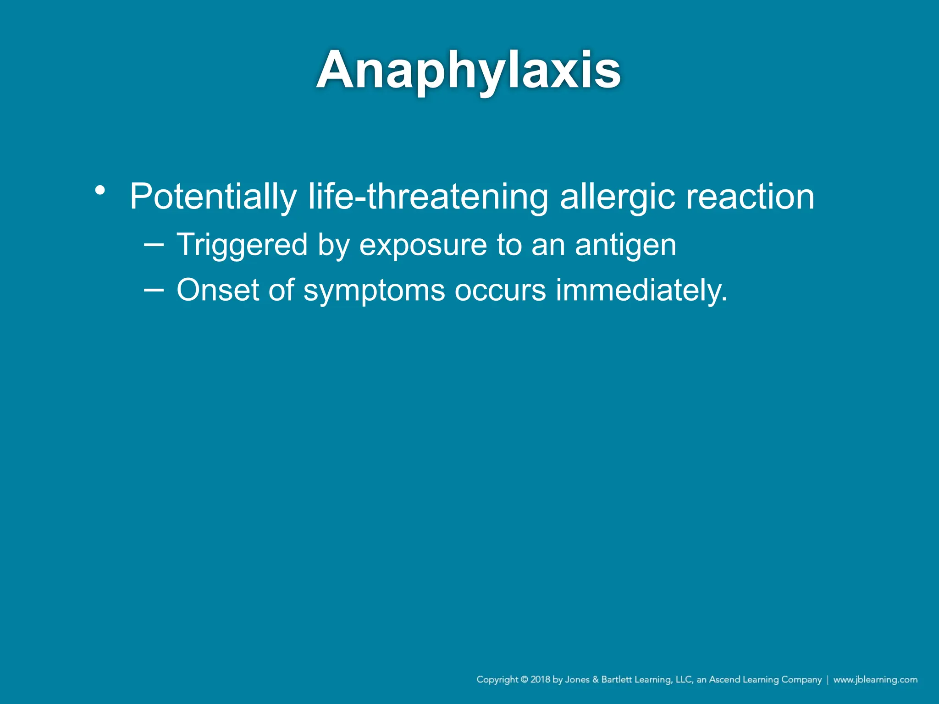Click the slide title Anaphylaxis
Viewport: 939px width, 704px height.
pos(469,71)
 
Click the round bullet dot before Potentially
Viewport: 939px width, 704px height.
pos(100,190)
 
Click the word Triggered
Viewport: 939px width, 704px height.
pos(242,245)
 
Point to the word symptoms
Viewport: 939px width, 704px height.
pos(374,291)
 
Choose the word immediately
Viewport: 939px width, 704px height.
pos(641,291)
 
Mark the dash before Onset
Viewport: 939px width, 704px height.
pos(154,290)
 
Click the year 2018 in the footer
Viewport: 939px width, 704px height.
pos(540,680)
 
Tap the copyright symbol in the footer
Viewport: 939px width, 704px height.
pos(524,680)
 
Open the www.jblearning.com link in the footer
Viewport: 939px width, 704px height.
pos(875,680)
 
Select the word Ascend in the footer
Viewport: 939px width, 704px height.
pos(724,680)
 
